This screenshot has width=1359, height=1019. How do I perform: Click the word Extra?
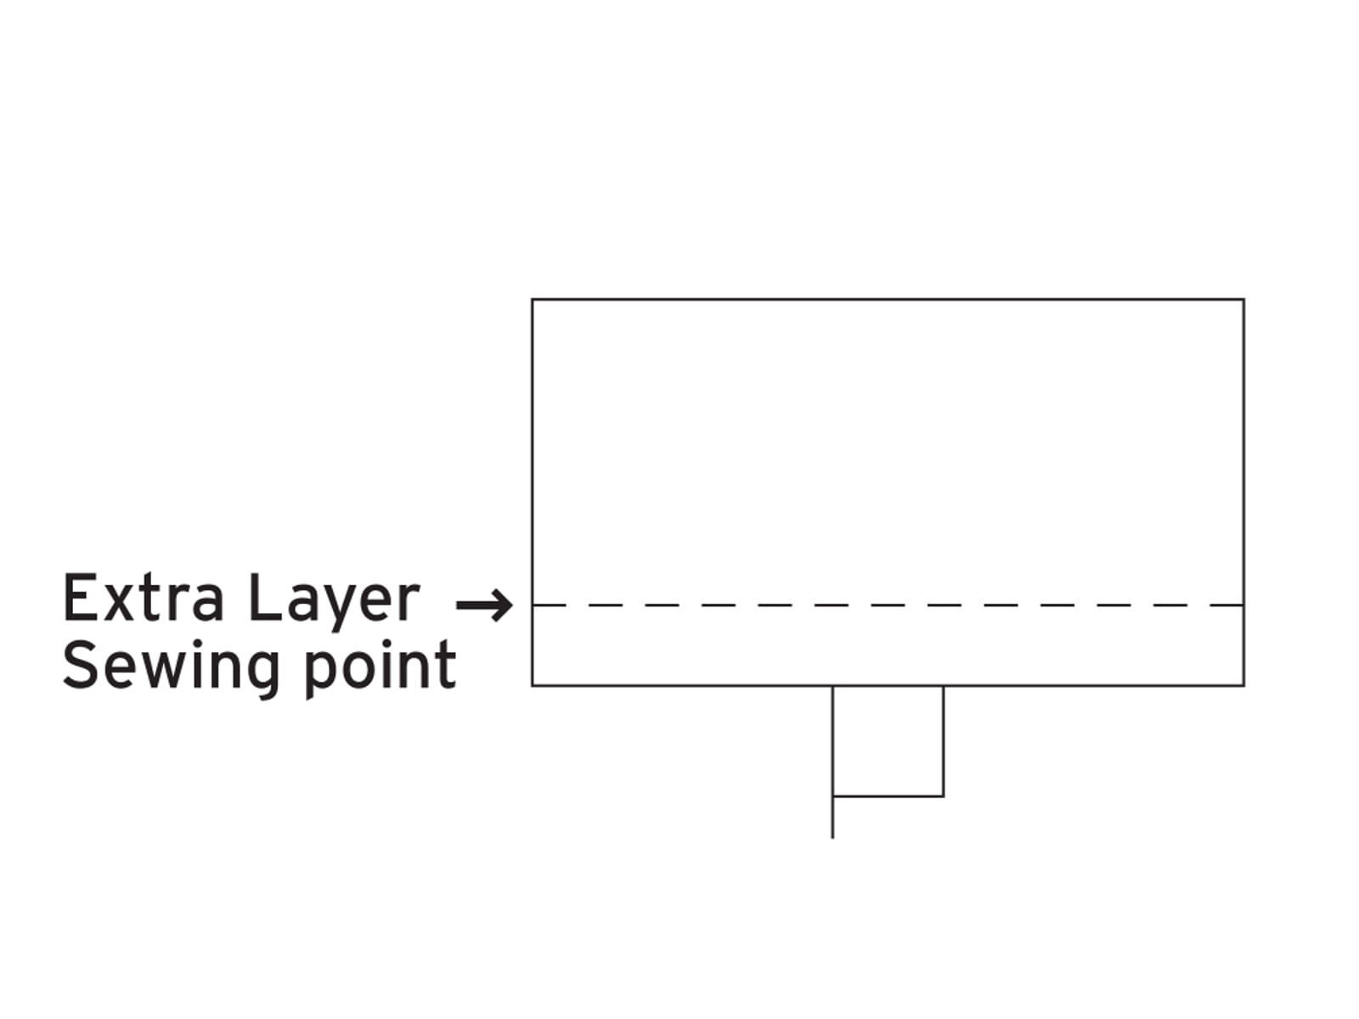tap(143, 598)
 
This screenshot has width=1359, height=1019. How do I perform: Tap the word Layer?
tap(334, 603)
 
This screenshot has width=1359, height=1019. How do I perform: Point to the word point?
tap(381, 669)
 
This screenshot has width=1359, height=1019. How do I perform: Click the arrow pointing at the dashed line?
tap(484, 605)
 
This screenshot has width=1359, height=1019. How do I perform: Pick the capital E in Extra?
tap(78, 598)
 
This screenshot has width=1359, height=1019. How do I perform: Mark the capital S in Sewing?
tap(79, 665)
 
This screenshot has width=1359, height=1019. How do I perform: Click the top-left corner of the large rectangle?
tap(533, 300)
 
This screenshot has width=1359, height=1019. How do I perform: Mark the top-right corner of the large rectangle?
tap(1243, 300)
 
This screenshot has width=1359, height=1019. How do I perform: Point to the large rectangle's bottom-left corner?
tap(533, 685)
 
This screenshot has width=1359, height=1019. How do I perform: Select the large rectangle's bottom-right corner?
tap(1243, 685)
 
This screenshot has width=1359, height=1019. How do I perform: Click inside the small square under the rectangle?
tap(888, 740)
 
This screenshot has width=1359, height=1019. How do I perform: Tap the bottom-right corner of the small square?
tap(943, 796)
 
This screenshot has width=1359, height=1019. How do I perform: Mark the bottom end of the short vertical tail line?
tap(832, 838)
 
